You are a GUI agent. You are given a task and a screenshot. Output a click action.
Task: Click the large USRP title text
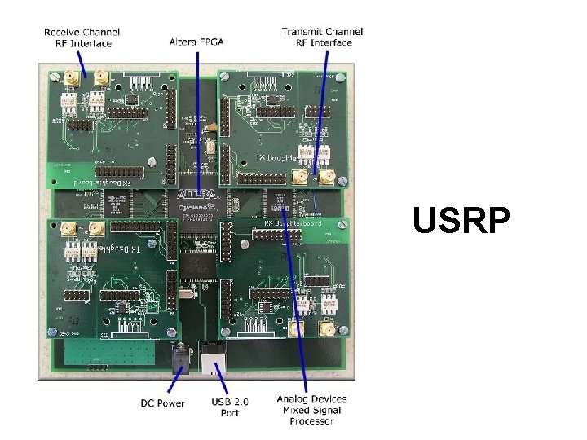coord(461,220)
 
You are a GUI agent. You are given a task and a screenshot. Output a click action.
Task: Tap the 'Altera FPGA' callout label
coord(197,41)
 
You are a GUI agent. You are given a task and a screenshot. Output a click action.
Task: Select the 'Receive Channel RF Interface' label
coord(81,37)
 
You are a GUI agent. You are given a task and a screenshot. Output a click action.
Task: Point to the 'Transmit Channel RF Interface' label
coord(322,37)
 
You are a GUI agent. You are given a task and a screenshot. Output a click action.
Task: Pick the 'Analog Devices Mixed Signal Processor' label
coord(311,410)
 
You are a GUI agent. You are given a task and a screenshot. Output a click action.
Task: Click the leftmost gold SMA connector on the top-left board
coord(71,77)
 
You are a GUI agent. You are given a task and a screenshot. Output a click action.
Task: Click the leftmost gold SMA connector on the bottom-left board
coord(70,230)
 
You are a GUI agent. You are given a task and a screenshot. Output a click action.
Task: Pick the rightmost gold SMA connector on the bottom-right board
coord(324,329)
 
